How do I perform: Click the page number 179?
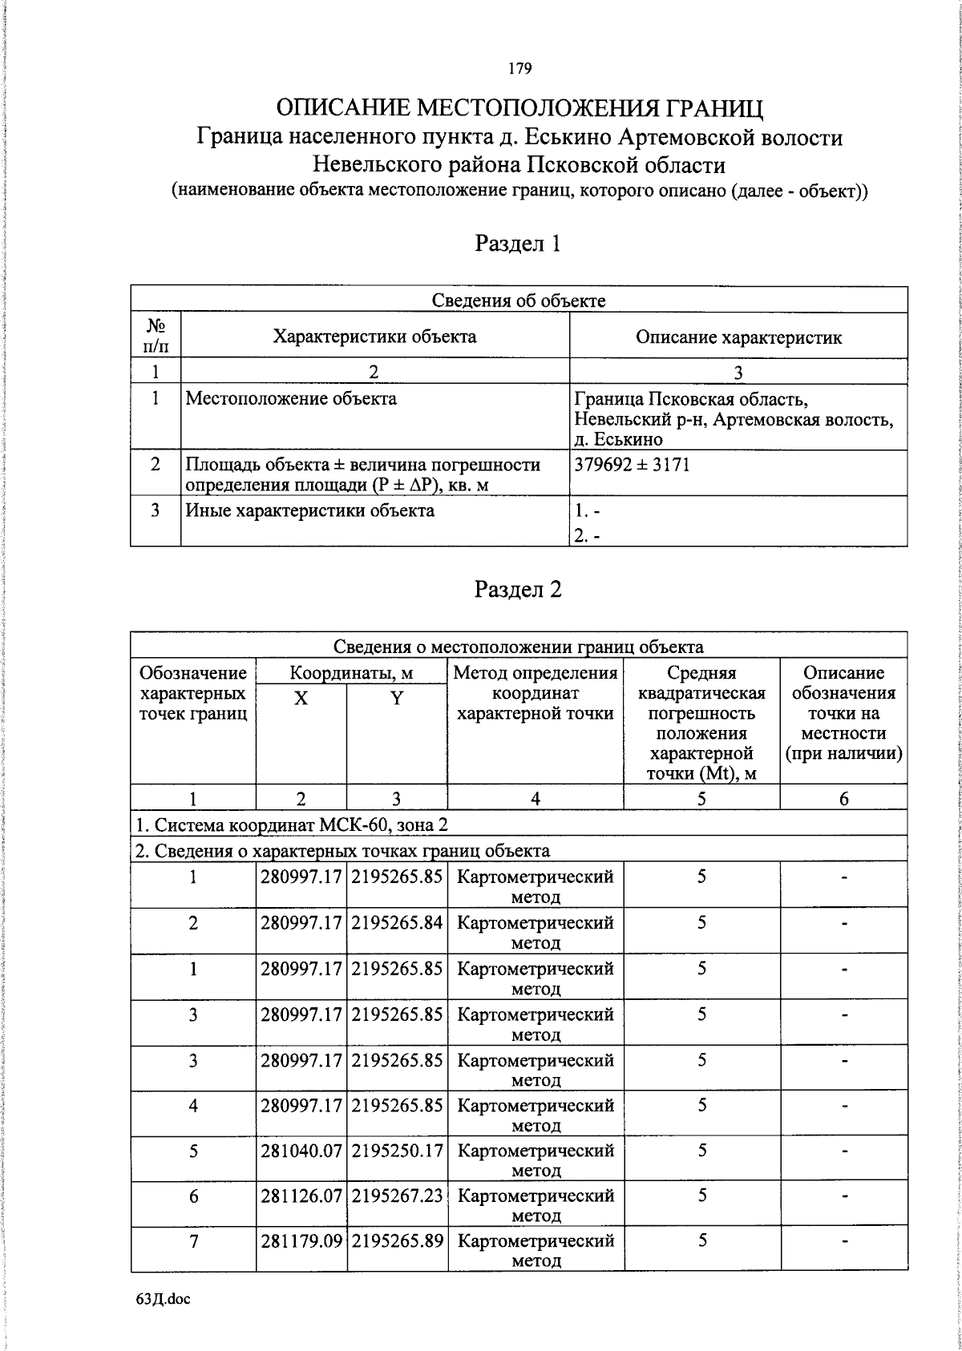coord(519,69)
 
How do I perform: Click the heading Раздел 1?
coord(517,244)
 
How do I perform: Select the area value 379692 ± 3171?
coord(633,465)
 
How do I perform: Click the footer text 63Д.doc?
coord(163,1299)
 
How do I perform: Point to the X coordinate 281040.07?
coord(301,1151)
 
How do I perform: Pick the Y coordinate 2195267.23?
coord(397,1196)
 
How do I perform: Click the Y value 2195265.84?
coord(397,923)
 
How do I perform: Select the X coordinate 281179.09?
coord(301,1241)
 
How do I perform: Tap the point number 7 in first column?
coord(193,1241)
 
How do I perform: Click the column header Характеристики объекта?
coord(374,337)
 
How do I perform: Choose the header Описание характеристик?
coord(738,337)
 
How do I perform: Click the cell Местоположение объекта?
coord(291,398)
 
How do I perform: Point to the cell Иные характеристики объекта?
coord(310,510)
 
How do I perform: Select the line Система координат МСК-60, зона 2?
coord(296,825)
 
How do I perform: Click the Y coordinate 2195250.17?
coord(397,1151)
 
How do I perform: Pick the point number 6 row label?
coord(193,1196)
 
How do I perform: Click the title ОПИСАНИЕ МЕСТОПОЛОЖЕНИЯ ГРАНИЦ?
coord(519,107)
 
